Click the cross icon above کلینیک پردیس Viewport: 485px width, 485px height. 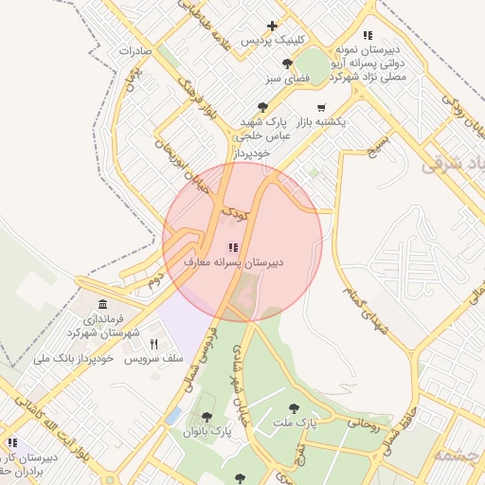pyautogui.click(x=273, y=26)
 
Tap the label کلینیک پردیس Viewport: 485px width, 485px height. pyautogui.click(x=273, y=41)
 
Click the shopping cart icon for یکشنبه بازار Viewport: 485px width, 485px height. pyautogui.click(x=321, y=108)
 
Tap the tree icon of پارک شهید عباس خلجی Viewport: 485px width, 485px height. pyautogui.click(x=262, y=108)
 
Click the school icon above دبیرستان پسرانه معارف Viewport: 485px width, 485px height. pyautogui.click(x=234, y=247)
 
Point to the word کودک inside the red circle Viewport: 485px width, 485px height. pyautogui.click(x=235, y=215)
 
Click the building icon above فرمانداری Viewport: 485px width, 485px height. pyautogui.click(x=103, y=303)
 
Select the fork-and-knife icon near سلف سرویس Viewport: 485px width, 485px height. pyautogui.click(x=153, y=345)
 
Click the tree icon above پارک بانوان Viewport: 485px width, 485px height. pyautogui.click(x=207, y=417)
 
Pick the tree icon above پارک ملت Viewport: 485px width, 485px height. pyautogui.click(x=307, y=408)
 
